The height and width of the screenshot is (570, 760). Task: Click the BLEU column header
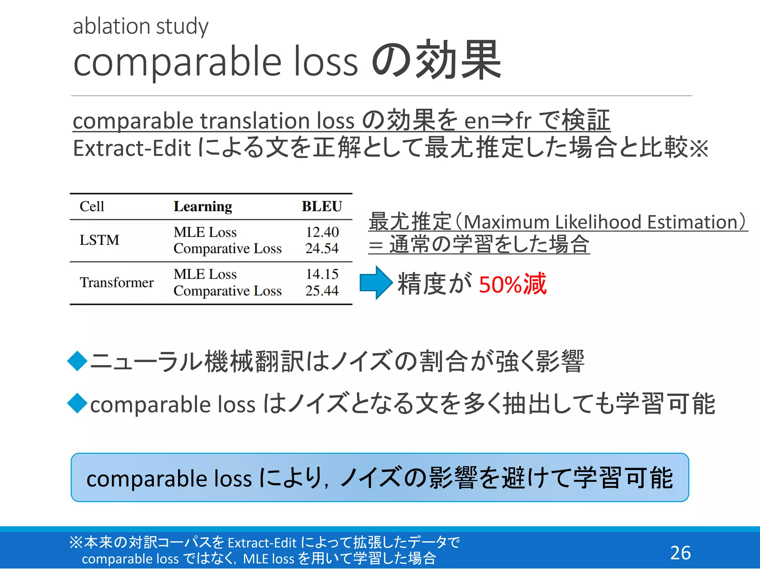pyautogui.click(x=321, y=206)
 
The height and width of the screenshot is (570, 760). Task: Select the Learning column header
pyautogui.click(x=203, y=206)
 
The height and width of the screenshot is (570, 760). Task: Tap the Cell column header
pyautogui.click(x=92, y=206)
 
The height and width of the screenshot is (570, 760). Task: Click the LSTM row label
pyautogui.click(x=99, y=240)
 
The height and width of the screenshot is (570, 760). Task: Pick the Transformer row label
pyautogui.click(x=117, y=282)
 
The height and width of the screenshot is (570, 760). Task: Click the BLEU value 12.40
pyautogui.click(x=322, y=232)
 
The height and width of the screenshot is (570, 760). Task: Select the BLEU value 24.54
pyautogui.click(x=322, y=248)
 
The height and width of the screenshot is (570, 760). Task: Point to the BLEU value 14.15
pyautogui.click(x=322, y=274)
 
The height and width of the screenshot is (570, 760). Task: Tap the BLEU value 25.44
pyautogui.click(x=322, y=291)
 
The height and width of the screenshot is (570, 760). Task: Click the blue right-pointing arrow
pyautogui.click(x=376, y=283)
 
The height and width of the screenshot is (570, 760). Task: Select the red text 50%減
pyautogui.click(x=512, y=284)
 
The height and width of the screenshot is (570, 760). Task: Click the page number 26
pyautogui.click(x=680, y=553)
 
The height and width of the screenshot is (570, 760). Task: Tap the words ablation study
pyautogui.click(x=141, y=26)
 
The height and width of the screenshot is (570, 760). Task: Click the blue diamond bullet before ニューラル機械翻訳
pyautogui.click(x=78, y=361)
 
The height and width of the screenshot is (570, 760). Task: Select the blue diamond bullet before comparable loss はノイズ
pyautogui.click(x=78, y=403)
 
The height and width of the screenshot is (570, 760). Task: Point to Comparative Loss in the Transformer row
pyautogui.click(x=227, y=291)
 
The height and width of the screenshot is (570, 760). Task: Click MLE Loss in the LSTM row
pyautogui.click(x=205, y=232)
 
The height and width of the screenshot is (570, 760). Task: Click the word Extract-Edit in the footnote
pyautogui.click(x=262, y=543)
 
